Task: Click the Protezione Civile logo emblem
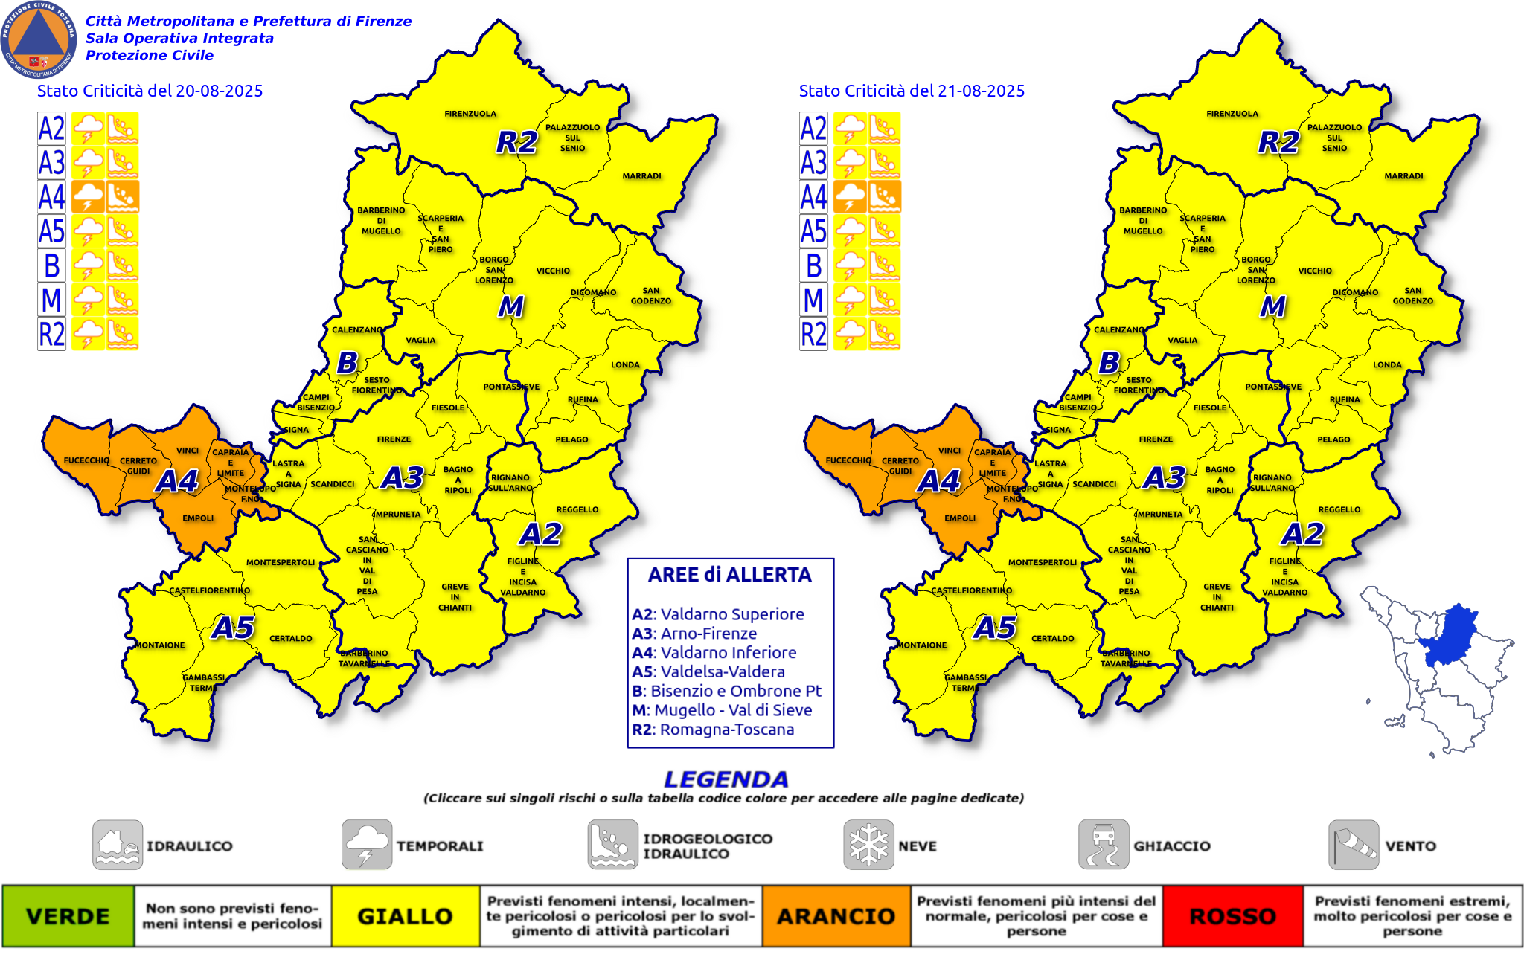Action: pos(39,39)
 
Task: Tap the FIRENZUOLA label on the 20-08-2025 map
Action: pos(470,114)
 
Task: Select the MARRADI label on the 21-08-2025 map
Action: pos(1403,176)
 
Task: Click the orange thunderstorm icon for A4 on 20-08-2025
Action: pos(88,197)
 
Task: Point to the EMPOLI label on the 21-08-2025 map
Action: pos(960,518)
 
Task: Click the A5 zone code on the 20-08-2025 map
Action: pos(233,628)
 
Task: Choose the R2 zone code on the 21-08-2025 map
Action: pos(1278,142)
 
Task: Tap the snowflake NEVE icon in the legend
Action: pos(868,845)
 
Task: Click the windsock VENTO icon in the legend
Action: pos(1354,845)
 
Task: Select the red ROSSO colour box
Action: pos(1232,916)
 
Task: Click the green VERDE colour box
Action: pos(68,916)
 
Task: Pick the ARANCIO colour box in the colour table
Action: pos(836,916)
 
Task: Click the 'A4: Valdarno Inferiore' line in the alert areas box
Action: pos(714,653)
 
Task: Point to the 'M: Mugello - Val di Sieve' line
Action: pos(721,710)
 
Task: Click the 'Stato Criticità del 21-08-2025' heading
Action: pos(912,91)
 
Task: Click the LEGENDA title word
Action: pos(726,779)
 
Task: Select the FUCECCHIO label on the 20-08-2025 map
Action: pos(86,460)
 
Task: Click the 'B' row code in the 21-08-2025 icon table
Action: pos(813,265)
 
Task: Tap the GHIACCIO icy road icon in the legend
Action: pos(1104,845)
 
